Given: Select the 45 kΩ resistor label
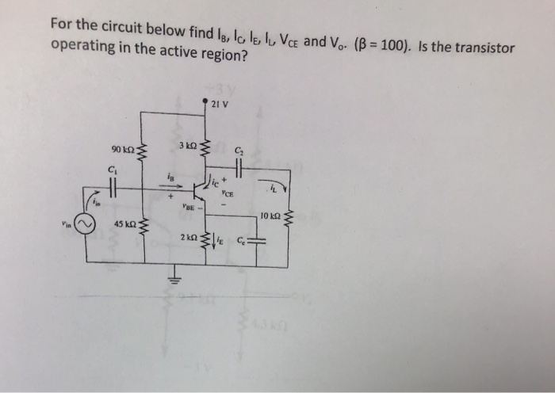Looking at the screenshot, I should pyautogui.click(x=124, y=224).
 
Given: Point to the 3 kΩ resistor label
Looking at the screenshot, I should pyautogui.click(x=187, y=146).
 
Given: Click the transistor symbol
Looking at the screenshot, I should pyautogui.click(x=201, y=190).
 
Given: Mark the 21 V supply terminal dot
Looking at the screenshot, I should pyautogui.click(x=207, y=102).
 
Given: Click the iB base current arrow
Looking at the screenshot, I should pyautogui.click(x=170, y=187).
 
